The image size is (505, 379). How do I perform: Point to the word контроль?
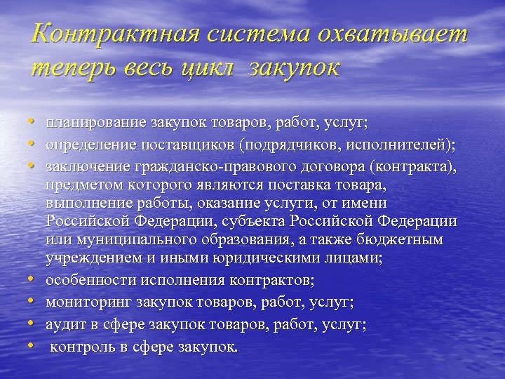(x=81, y=347)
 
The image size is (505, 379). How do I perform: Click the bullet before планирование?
(x=34, y=122)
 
